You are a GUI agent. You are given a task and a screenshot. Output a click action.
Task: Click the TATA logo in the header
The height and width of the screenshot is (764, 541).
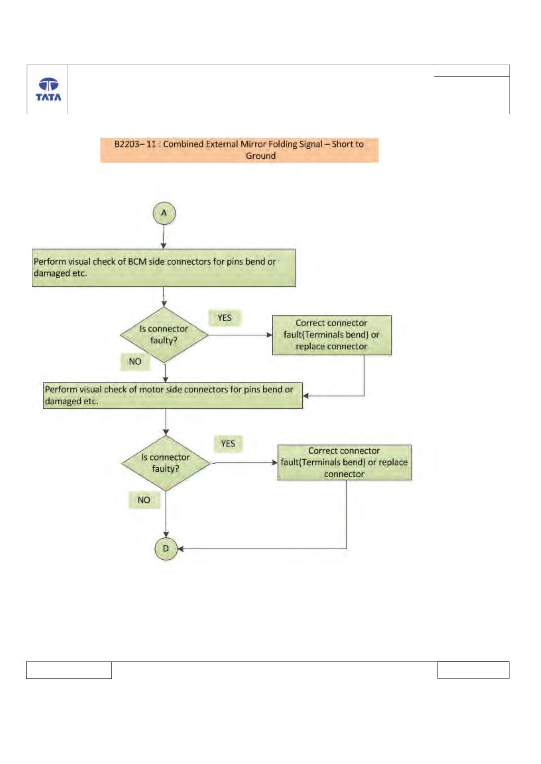click(48, 89)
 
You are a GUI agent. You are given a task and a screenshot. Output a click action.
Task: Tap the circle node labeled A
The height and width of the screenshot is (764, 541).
click(164, 213)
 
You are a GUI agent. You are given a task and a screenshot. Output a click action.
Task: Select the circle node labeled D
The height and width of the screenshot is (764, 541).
click(166, 549)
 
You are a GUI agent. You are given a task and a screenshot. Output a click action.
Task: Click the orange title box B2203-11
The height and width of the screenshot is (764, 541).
click(239, 150)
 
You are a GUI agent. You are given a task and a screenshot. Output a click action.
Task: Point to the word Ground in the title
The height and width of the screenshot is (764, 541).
click(261, 156)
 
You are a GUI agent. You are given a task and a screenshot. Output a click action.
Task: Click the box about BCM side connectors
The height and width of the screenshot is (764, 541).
click(163, 268)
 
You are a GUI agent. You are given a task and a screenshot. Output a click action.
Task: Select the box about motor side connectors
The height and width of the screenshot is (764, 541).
click(173, 396)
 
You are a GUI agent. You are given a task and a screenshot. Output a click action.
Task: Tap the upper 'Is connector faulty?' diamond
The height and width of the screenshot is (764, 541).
click(164, 335)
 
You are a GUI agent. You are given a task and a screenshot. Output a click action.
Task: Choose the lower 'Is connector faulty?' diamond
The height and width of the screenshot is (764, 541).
click(166, 463)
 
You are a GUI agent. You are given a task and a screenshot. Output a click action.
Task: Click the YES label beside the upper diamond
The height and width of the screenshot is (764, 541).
click(225, 318)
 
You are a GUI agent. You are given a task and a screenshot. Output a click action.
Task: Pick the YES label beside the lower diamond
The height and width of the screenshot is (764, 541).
click(228, 443)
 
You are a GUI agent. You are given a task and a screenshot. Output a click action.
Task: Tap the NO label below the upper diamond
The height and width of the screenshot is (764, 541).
click(135, 361)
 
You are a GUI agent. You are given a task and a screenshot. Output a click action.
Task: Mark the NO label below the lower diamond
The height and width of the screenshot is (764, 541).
click(144, 500)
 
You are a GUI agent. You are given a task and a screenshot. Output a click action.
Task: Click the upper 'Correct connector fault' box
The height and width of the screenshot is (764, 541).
click(332, 335)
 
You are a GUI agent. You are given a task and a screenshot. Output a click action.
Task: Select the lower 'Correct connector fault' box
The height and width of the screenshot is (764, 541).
click(344, 463)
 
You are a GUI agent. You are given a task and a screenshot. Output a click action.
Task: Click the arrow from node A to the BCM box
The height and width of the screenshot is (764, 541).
click(164, 237)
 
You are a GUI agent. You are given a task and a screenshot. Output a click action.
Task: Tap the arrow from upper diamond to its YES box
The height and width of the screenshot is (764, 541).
click(240, 335)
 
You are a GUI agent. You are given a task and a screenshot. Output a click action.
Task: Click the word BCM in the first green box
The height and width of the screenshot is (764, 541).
click(137, 262)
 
